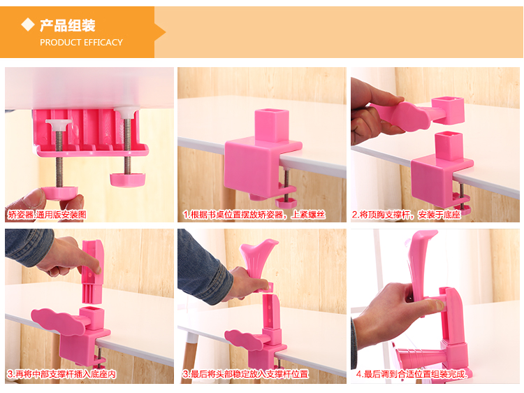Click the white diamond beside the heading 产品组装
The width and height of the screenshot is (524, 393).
(28, 24)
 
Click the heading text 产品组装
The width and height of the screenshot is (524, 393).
(68, 25)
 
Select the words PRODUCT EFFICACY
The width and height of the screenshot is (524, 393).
(81, 43)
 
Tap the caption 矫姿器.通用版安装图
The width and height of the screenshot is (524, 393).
(47, 215)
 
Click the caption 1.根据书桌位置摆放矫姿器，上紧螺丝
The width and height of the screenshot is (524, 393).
(254, 215)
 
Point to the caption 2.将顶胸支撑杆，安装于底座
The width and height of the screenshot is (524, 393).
(407, 215)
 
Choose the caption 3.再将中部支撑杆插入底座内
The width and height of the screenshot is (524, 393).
(61, 374)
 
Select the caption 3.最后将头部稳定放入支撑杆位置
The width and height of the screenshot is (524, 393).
(246, 374)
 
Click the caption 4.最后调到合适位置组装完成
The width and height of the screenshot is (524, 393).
(412, 374)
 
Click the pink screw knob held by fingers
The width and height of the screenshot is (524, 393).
(60, 193)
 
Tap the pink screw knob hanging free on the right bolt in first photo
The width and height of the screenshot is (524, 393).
(128, 180)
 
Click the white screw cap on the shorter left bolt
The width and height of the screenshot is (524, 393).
(59, 124)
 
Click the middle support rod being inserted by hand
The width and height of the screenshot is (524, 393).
(92, 271)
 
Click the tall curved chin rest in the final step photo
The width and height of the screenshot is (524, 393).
(422, 264)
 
